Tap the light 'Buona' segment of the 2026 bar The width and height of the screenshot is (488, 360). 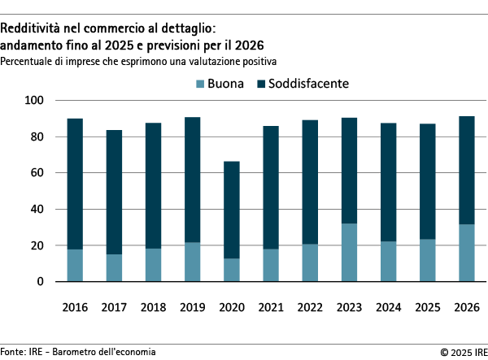point(468,253)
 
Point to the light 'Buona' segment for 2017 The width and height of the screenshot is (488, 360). point(114,268)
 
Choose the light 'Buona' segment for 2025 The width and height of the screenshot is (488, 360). point(429,260)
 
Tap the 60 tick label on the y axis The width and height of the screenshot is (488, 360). point(37,173)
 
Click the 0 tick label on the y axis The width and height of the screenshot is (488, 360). point(40,282)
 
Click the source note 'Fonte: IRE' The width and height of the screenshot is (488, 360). point(22,352)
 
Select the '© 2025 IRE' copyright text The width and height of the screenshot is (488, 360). point(461,352)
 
